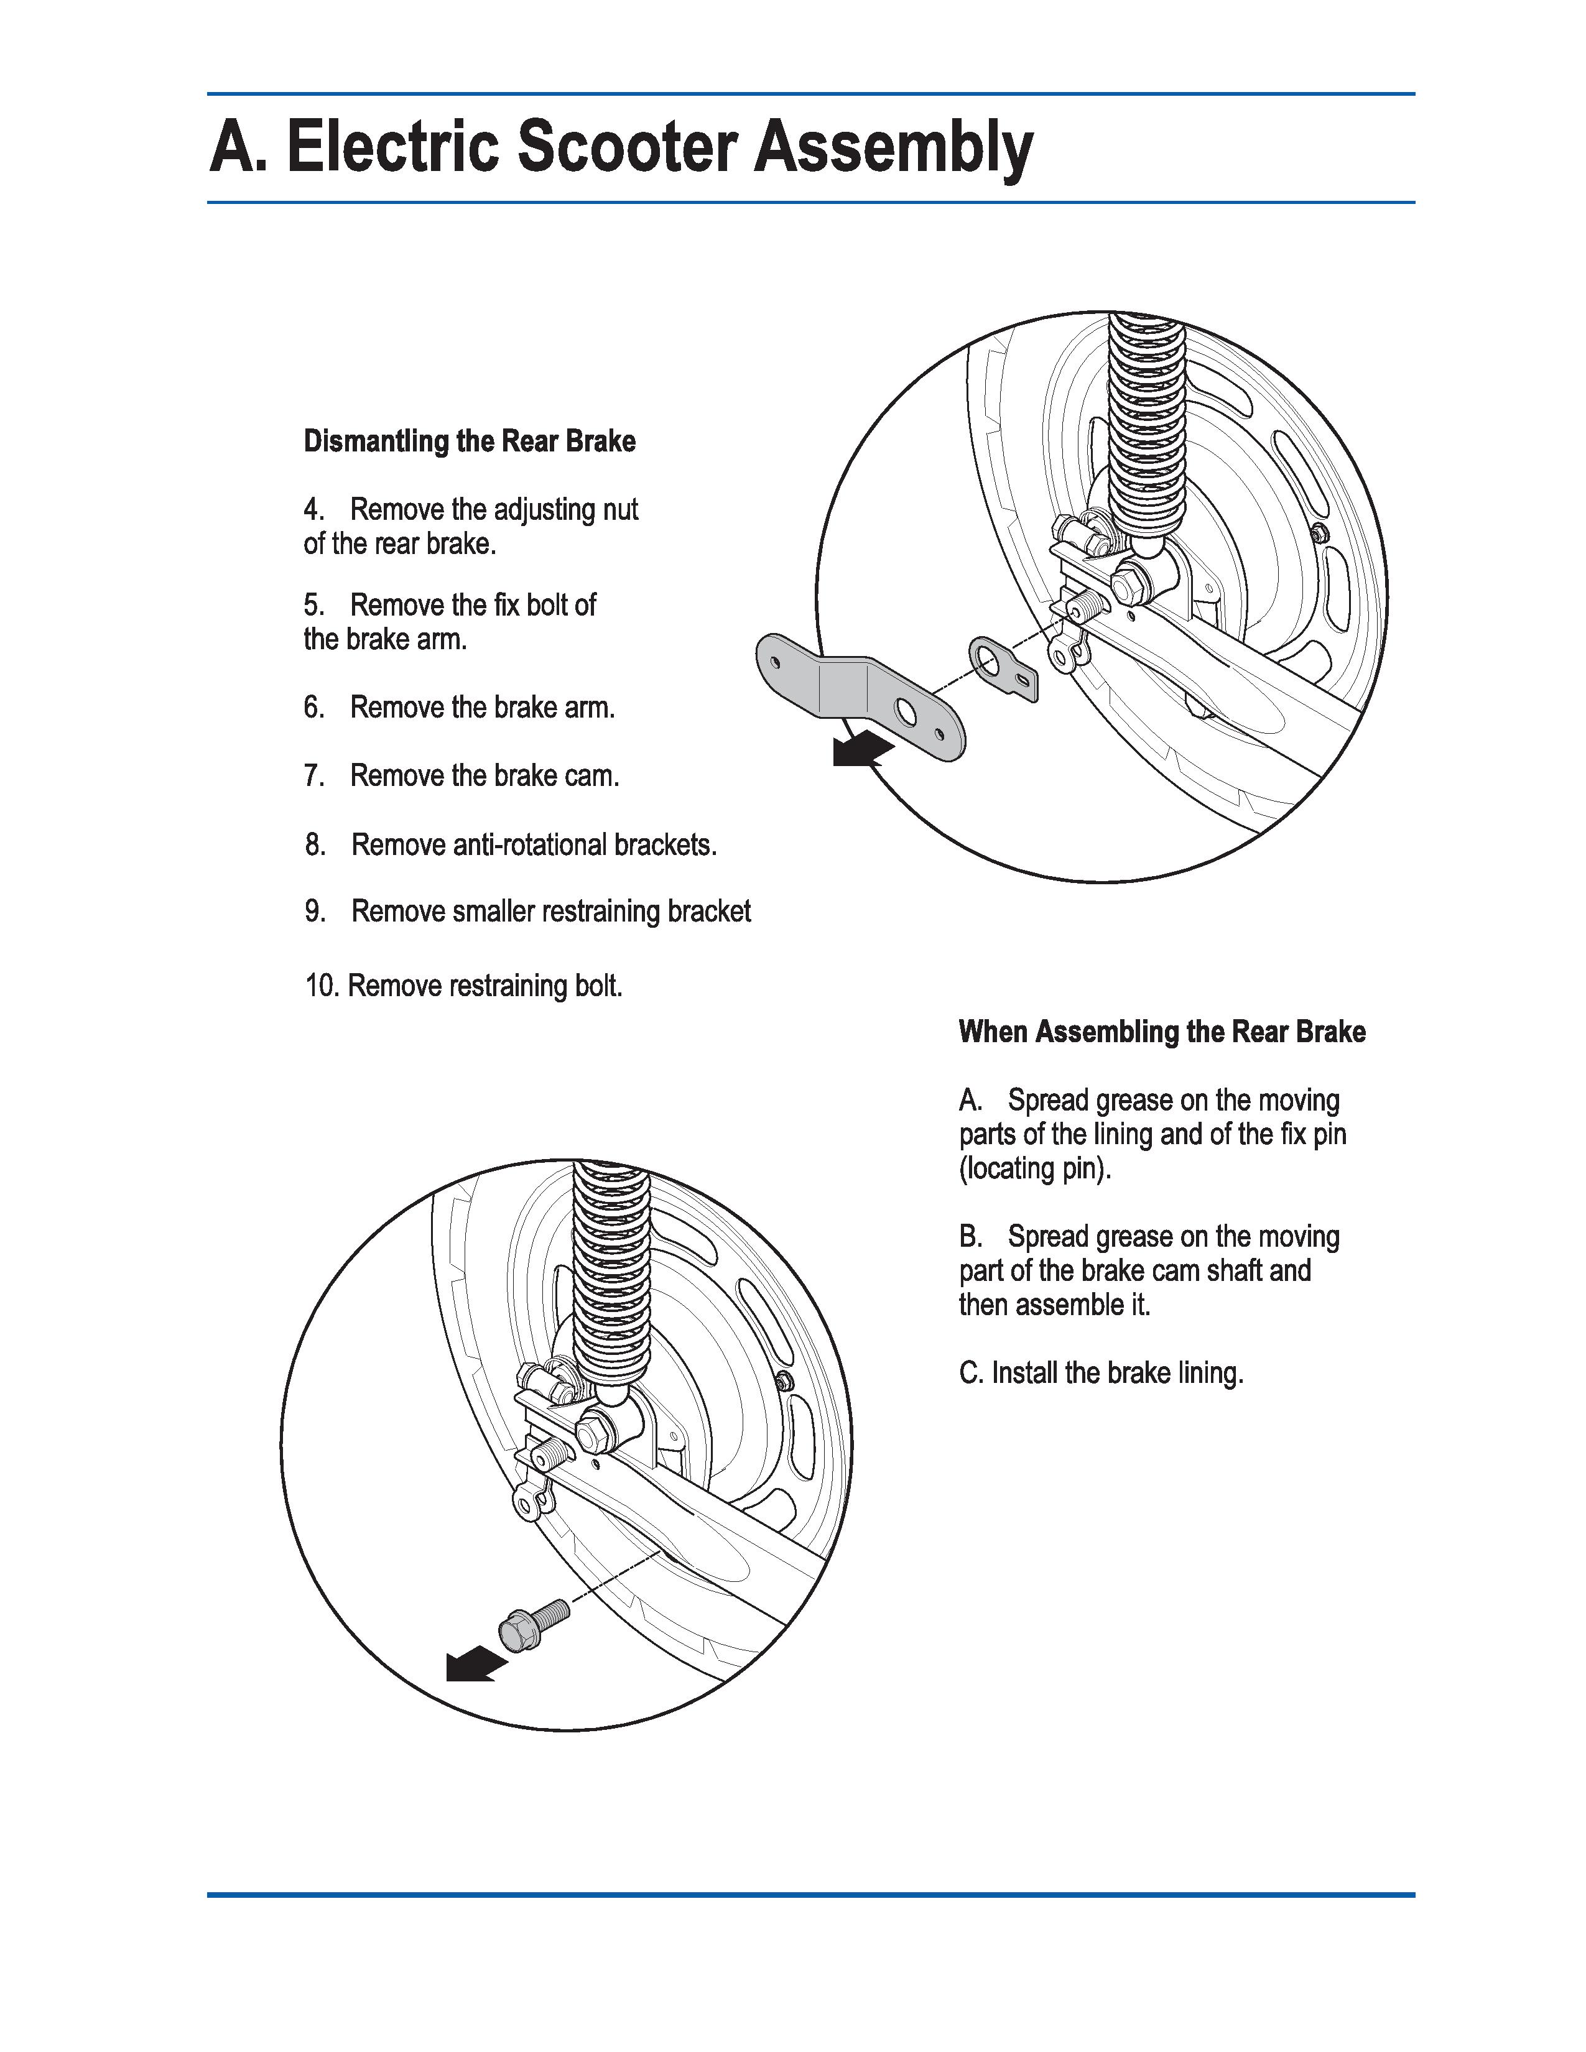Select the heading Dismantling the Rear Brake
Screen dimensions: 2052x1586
pyautogui.click(x=469, y=441)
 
